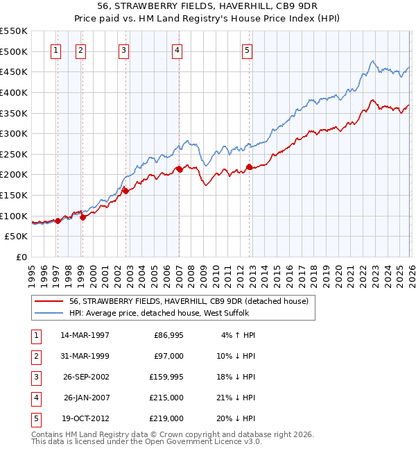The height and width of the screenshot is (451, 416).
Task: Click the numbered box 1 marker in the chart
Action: pos(55,50)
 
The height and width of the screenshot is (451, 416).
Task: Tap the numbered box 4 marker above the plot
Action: pos(177,50)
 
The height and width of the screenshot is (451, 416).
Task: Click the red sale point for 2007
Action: pos(179,169)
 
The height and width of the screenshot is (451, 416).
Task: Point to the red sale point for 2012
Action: pos(250,167)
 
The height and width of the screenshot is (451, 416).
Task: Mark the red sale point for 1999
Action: pos(83,217)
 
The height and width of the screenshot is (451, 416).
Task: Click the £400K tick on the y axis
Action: pos(14,92)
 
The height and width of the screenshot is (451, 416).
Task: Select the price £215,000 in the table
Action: pos(167,398)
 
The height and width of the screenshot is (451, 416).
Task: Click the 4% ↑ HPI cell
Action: pos(236,335)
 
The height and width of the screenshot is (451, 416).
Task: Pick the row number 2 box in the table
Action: pos(35,357)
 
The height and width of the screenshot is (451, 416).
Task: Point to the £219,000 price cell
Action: pos(167,418)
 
